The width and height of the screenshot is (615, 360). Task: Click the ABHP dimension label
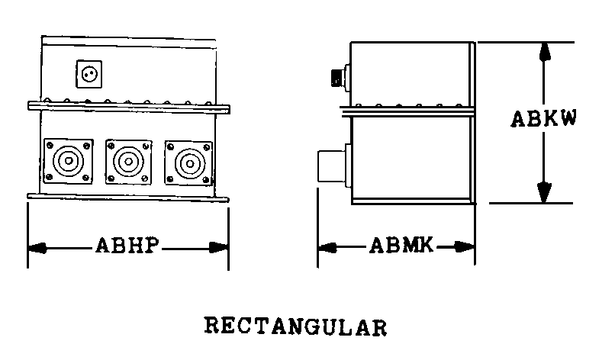click(129, 246)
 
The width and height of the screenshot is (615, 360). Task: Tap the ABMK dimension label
click(401, 246)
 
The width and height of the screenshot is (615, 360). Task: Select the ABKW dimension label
click(543, 120)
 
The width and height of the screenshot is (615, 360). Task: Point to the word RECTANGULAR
click(295, 326)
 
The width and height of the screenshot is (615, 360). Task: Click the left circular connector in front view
click(69, 161)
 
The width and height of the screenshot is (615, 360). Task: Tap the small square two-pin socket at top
click(89, 74)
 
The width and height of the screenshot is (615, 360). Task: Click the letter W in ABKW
click(566, 120)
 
